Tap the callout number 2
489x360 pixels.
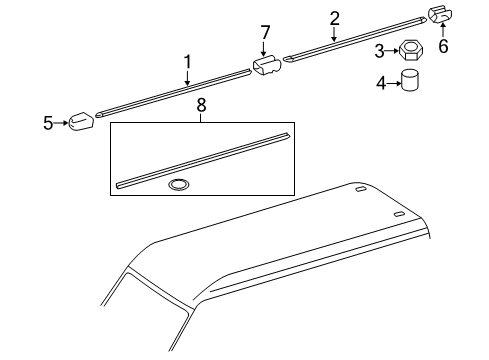[x=334, y=17]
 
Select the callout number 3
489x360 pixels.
[x=379, y=50]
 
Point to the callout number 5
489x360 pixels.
[x=47, y=124]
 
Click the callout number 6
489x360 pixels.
[x=444, y=46]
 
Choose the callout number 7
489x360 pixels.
[x=266, y=33]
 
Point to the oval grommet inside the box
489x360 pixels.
[x=179, y=183]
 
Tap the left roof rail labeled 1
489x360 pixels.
[x=170, y=91]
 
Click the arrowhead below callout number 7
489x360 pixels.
[x=266, y=54]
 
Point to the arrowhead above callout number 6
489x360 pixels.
[x=444, y=31]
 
